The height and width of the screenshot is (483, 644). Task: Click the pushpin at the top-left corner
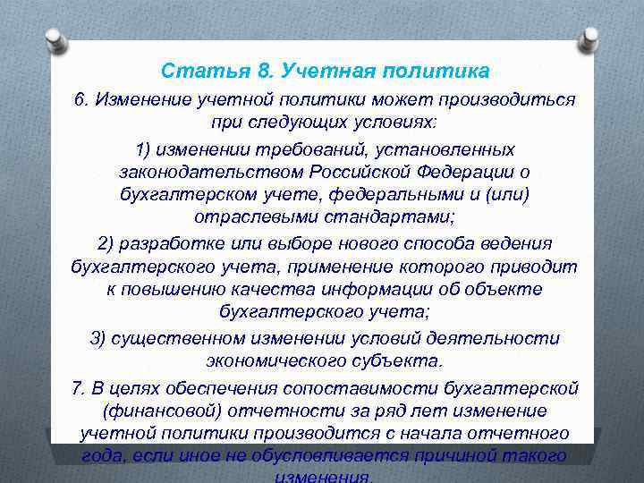point(55,39)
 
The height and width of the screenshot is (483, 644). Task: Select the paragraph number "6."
point(83,99)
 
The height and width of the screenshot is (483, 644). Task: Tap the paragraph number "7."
point(79,387)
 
